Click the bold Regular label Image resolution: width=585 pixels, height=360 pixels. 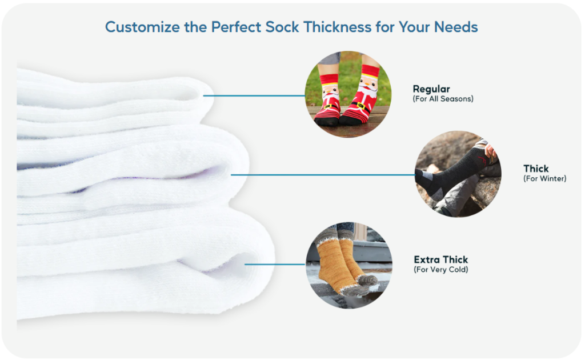coord(431,89)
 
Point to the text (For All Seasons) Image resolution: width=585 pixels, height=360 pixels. coord(443,99)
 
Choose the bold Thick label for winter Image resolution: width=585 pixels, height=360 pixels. coord(536,169)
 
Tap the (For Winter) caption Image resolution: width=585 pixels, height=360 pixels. coord(544,179)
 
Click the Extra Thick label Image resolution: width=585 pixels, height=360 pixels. coord(440,259)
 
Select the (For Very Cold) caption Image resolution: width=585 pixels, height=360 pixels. coord(440,270)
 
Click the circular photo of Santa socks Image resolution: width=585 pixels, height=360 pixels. coord(348,94)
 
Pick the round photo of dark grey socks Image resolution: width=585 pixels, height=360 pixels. coord(458,174)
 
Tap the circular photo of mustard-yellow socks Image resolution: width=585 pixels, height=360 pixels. coord(349,265)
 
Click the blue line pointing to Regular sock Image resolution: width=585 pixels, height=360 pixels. coord(254,96)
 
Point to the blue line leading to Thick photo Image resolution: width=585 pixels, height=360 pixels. coord(323,175)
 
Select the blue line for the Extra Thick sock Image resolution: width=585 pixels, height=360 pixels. coord(275,265)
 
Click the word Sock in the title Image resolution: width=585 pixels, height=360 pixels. coord(282,27)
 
